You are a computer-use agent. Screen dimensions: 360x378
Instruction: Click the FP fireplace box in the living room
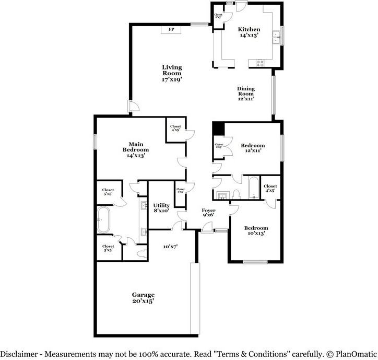[x=171, y=30]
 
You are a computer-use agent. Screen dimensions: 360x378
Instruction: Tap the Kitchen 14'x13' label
[x=249, y=32]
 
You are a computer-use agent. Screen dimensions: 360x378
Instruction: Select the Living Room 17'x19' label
[x=172, y=73]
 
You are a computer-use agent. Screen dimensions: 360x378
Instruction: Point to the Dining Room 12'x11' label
[x=246, y=94]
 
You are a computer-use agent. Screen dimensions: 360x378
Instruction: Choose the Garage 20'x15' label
[x=143, y=298]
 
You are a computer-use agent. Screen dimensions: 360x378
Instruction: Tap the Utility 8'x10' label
[x=161, y=208]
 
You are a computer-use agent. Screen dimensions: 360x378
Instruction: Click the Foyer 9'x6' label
[x=208, y=213]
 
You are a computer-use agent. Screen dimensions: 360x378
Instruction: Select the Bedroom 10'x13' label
[x=256, y=231]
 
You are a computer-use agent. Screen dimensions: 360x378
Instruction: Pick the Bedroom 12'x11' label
[x=253, y=148]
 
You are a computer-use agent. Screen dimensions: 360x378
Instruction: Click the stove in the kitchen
[x=259, y=63]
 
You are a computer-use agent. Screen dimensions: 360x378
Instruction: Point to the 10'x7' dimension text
[x=170, y=246]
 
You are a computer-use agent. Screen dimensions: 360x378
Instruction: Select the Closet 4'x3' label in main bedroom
[x=175, y=128]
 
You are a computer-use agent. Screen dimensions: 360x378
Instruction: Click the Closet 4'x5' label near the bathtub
[x=270, y=188]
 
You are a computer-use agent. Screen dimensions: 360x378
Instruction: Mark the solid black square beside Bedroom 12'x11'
[x=218, y=129]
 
